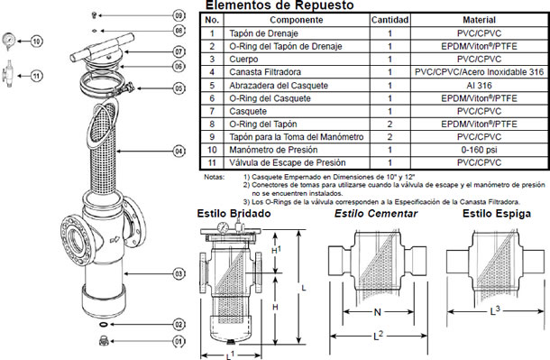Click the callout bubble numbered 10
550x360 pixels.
pyautogui.click(x=37, y=42)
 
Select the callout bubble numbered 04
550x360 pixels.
pyautogui.click(x=179, y=150)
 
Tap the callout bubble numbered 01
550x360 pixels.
pyautogui.click(x=179, y=341)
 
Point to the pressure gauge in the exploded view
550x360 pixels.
pyautogui.click(x=11, y=42)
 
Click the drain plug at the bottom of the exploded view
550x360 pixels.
pyautogui.click(x=102, y=341)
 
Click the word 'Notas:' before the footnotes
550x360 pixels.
pyautogui.click(x=215, y=178)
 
